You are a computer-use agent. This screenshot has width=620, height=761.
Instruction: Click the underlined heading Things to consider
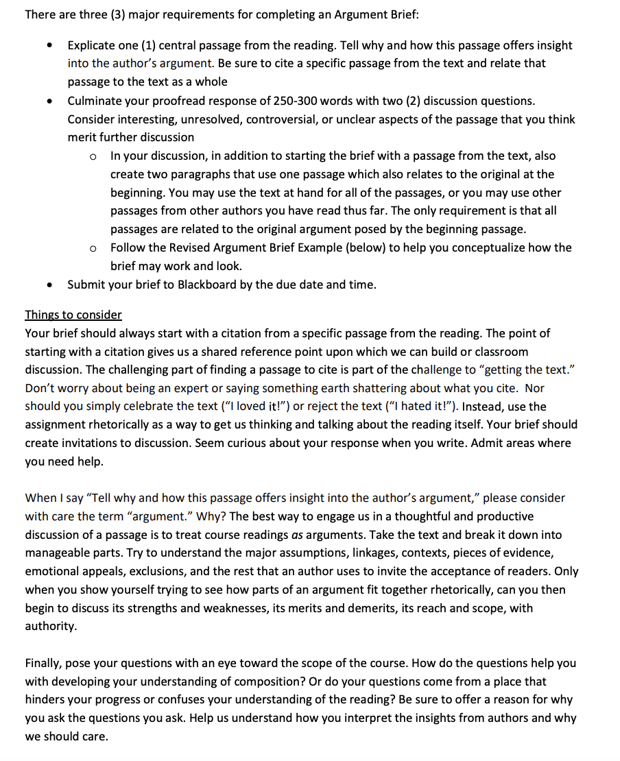(73, 315)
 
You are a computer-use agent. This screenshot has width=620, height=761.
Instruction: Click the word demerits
(385, 607)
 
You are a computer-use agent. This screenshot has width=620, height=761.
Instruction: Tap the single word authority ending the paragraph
(51, 626)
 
